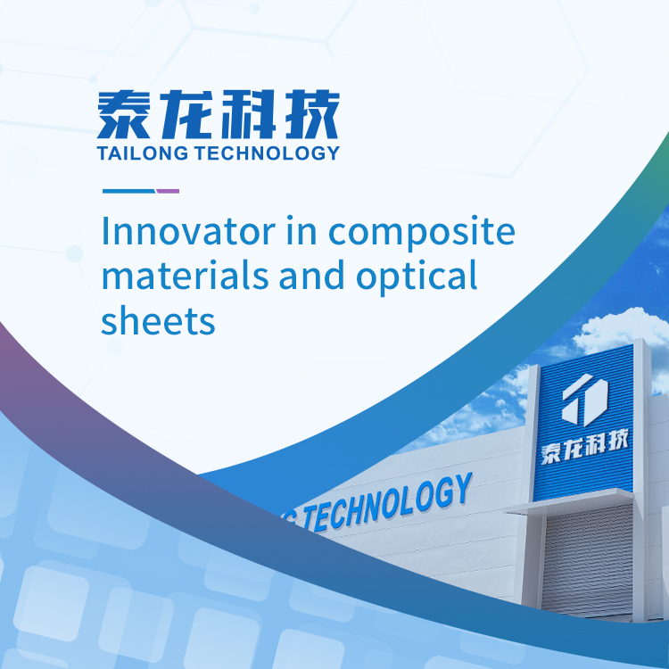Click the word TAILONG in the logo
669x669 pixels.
click(143, 153)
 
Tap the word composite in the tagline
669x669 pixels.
click(422, 235)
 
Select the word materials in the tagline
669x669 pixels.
click(186, 276)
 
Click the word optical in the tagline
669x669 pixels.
click(417, 278)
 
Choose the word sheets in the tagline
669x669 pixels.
click(158, 320)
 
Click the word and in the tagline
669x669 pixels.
click(312, 276)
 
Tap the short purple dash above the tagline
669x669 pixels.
click(168, 191)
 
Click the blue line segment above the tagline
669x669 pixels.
click(128, 191)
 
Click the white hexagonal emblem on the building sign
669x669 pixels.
click(584, 400)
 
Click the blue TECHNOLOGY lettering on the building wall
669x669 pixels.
click(387, 503)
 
